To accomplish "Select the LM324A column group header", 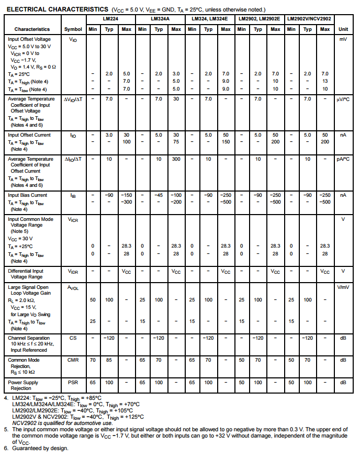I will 159,18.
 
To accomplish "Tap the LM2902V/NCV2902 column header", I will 309,18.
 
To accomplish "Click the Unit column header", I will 343,29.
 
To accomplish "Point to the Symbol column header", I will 73,29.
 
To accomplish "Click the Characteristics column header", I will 32,29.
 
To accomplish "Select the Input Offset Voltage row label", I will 30,39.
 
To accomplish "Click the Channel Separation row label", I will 29,338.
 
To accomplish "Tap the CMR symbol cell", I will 73,360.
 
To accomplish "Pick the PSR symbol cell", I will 73,383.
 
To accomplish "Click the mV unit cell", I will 343,39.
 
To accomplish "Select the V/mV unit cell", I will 343,287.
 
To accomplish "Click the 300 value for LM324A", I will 176,159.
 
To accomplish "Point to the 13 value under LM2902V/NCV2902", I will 325,81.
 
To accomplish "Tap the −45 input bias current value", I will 159,195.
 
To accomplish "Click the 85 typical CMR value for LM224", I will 109,360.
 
